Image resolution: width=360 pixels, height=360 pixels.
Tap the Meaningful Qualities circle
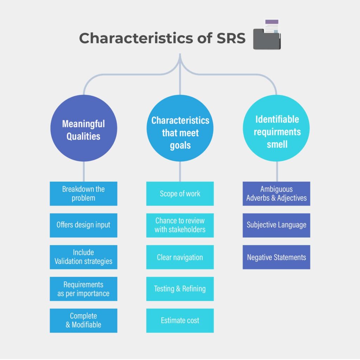coord(83,129)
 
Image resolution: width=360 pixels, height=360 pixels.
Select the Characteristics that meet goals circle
coord(180,129)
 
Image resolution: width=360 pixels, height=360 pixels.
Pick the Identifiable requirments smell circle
coord(277,129)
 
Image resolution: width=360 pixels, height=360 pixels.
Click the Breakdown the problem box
coord(83,194)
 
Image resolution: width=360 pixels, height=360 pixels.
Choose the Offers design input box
coord(83,225)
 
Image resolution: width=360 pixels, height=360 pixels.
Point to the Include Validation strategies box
coord(83,257)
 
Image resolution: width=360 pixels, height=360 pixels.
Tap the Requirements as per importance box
coord(83,289)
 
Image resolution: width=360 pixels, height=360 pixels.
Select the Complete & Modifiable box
coord(83,320)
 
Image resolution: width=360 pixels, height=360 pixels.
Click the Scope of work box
coord(180,194)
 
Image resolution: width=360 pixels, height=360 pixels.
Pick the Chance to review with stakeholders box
coord(180,225)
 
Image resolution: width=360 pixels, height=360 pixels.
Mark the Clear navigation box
coord(180,257)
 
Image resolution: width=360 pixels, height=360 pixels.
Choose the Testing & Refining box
coord(180,289)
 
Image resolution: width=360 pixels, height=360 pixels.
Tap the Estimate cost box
coord(180,320)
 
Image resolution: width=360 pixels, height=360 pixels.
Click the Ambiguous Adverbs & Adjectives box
coord(276,194)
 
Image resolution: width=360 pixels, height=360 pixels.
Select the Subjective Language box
coord(276,225)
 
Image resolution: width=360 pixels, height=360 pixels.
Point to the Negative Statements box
coord(276,257)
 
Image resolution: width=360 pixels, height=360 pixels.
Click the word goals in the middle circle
coord(180,145)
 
